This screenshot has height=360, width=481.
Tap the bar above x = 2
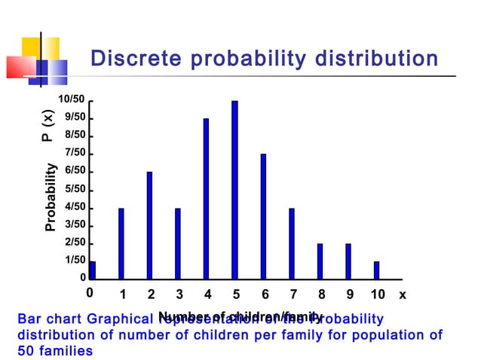coord(149,225)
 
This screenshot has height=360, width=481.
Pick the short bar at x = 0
coord(92,270)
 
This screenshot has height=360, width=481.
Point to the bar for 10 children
coord(376,270)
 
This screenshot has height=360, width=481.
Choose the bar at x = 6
coord(263,216)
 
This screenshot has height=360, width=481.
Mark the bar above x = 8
coord(320,261)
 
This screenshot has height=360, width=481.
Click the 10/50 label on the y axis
coord(72,99)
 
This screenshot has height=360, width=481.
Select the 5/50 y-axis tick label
coord(75,189)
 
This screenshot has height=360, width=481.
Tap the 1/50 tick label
coord(75,260)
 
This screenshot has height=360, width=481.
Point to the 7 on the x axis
coord(292,294)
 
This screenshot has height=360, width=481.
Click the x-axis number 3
coord(179,294)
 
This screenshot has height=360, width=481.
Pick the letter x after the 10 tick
coord(403,294)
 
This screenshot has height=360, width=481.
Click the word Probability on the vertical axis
coord(51,197)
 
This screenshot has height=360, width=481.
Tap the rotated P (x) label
coord(48,125)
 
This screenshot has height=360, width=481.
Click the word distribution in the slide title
coord(372,59)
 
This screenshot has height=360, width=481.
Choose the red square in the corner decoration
coord(20,66)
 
